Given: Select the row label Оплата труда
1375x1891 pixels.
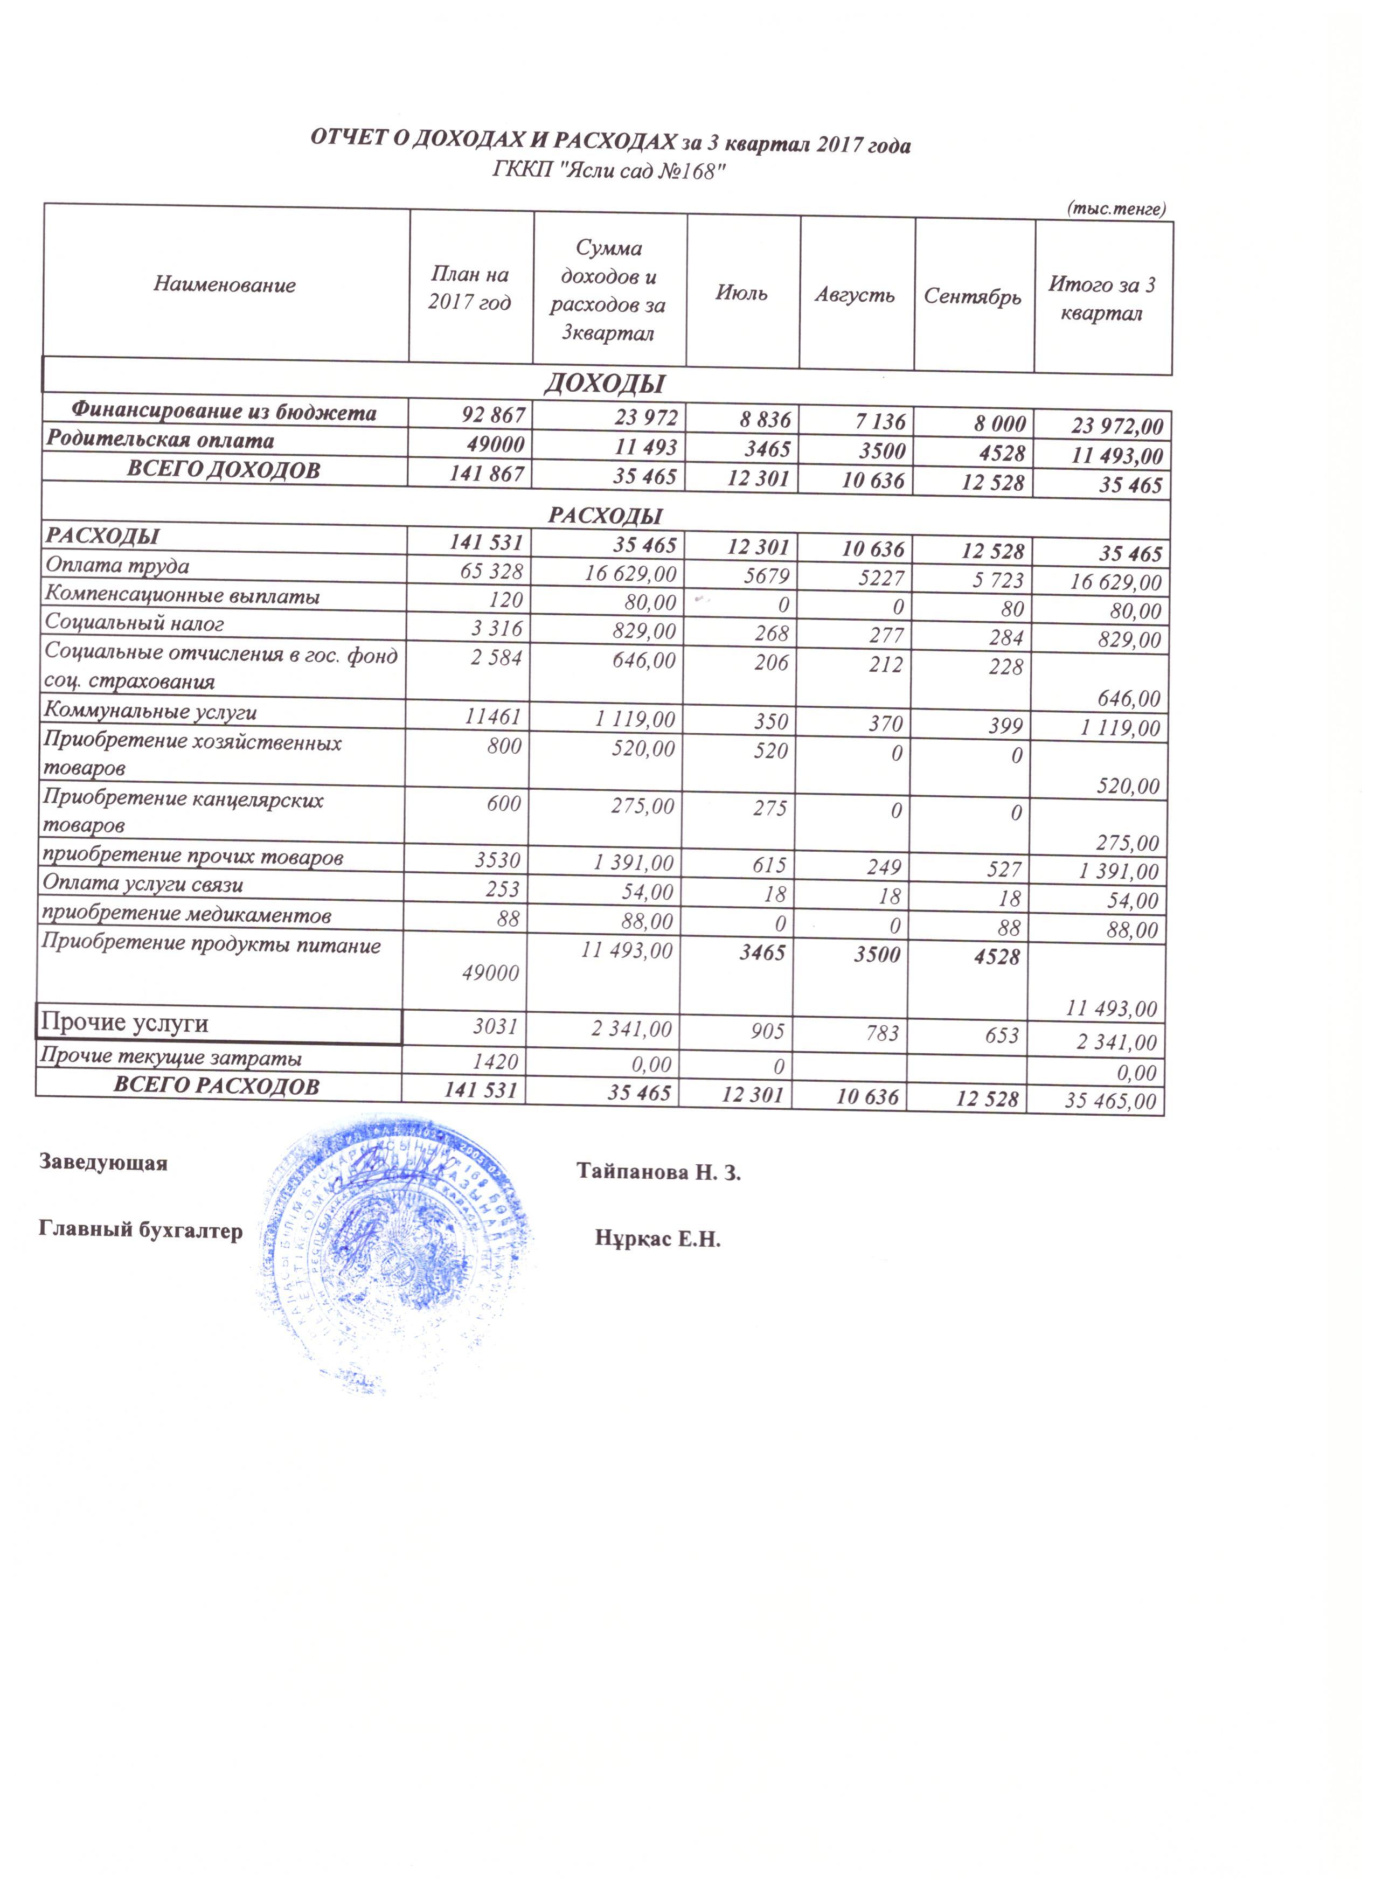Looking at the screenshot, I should (117, 566).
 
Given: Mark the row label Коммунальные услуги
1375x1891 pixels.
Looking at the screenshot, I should (150, 712).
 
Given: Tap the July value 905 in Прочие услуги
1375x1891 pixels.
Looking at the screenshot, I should (768, 1031).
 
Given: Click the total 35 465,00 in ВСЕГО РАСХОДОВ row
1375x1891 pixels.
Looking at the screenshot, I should (1110, 1101).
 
